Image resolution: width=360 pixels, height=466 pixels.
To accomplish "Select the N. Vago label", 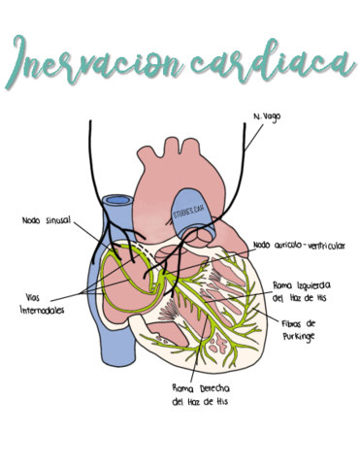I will (x=266, y=117).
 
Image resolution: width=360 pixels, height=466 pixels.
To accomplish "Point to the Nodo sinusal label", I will (x=46, y=219).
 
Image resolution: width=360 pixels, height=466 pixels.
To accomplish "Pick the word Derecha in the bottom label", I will (x=215, y=385).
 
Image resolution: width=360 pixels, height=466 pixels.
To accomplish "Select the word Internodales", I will (x=42, y=310).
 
